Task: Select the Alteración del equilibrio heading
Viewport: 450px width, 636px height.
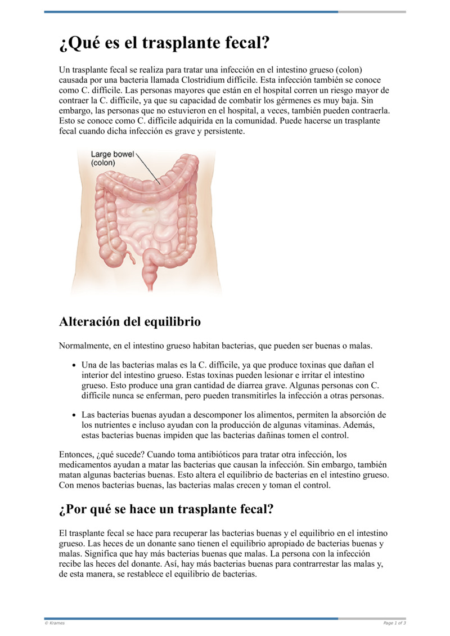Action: pos(129,322)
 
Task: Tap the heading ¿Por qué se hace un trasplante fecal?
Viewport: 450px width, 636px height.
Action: pos(166,509)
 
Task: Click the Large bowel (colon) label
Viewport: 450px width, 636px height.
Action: pos(111,158)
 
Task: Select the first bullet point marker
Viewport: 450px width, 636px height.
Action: pos(74,365)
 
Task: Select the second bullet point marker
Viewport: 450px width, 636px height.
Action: pos(74,415)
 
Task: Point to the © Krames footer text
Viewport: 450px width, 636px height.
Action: pos(55,623)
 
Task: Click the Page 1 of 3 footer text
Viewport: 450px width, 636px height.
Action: pos(394,623)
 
